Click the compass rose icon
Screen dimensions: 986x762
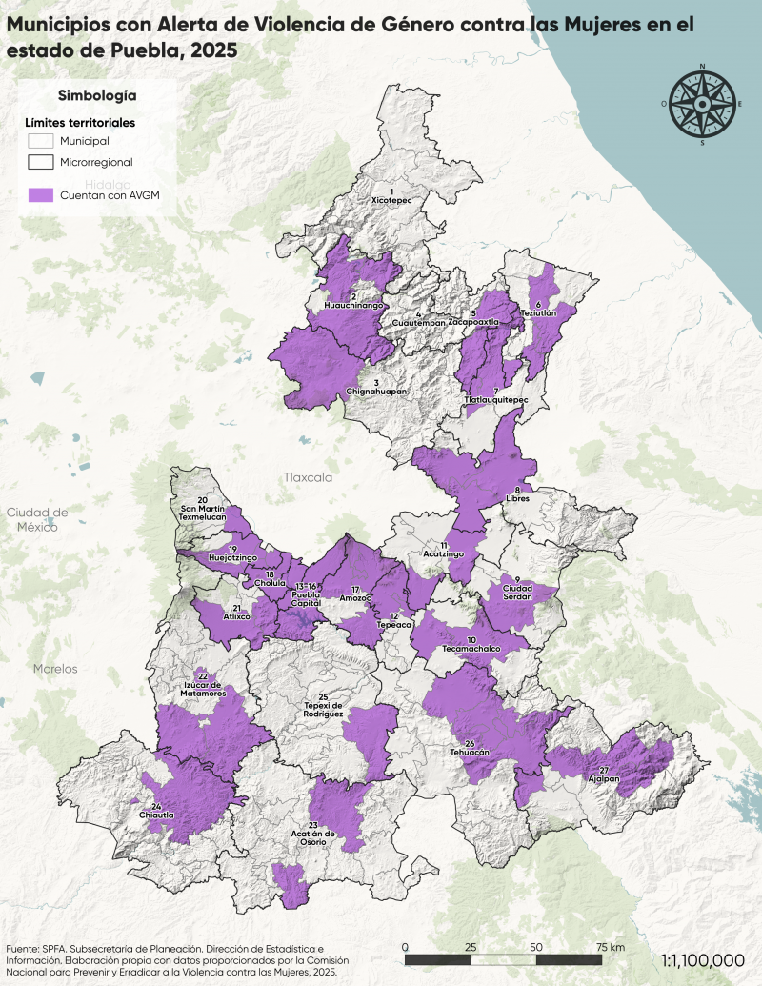703,104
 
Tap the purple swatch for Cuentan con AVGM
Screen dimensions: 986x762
41,194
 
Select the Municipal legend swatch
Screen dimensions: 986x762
41,141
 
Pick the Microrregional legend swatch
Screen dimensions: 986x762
41,162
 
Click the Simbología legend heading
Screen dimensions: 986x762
97,95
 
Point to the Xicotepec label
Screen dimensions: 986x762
391,202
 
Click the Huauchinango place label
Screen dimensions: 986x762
353,306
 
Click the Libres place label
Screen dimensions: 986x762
517,498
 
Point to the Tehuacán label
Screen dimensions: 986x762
470,752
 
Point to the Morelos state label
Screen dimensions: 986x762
55,669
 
